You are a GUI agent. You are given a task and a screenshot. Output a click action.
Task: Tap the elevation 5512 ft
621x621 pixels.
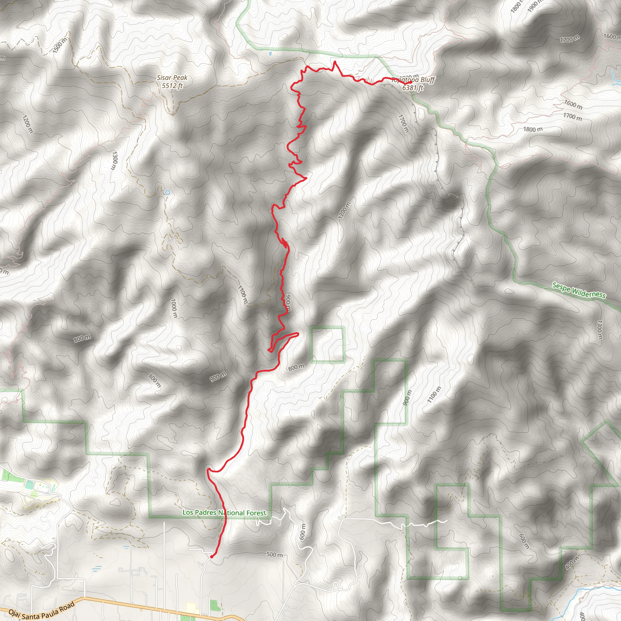click(172, 86)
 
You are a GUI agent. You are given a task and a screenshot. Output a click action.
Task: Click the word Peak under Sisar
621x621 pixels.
click(180, 78)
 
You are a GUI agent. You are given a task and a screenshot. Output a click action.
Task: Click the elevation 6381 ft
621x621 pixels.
click(413, 87)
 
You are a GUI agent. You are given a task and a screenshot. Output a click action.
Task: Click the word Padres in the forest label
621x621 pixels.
click(206, 512)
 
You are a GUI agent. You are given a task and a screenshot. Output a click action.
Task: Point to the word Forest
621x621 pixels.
click(256, 513)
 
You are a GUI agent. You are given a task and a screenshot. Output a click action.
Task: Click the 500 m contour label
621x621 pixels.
click(274, 555)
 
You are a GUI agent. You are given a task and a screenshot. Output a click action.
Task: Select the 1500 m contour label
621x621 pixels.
click(60, 45)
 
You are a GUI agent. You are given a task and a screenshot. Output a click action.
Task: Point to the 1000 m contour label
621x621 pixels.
click(173, 308)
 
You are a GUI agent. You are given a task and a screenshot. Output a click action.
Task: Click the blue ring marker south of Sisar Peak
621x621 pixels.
click(167, 193)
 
